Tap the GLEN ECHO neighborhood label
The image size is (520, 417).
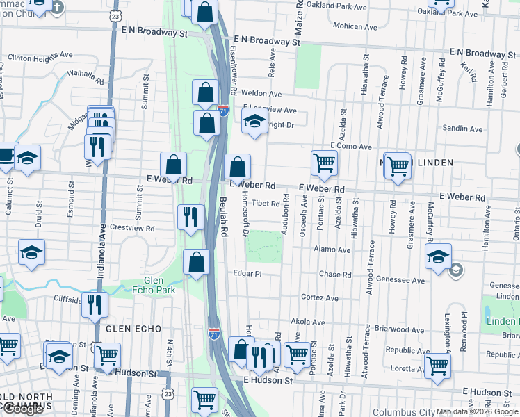[x=133, y=328]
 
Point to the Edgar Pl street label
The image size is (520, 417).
[x=247, y=274]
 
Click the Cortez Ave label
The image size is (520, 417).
[x=319, y=297]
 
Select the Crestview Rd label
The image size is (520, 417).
[x=131, y=228]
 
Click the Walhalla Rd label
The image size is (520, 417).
[x=85, y=77]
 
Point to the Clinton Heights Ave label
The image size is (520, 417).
[x=40, y=54]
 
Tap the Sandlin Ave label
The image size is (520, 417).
[x=462, y=129]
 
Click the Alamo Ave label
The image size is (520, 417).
[x=332, y=249]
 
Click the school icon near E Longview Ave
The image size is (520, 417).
[x=255, y=122]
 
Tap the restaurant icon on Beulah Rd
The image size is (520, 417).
[x=190, y=217]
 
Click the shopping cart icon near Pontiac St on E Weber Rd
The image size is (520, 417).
[x=324, y=163]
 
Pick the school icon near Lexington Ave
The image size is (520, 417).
[x=437, y=256]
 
